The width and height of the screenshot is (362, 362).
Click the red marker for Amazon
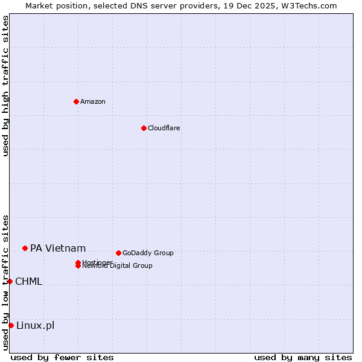(x=76, y=101)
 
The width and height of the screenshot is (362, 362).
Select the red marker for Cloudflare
(x=144, y=128)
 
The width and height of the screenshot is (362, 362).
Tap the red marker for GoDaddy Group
(x=118, y=253)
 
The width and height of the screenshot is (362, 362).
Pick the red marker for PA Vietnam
(x=25, y=248)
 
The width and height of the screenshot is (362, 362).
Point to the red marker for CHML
(x=10, y=281)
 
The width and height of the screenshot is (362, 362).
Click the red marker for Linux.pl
(x=11, y=326)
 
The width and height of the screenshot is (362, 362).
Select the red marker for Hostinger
(x=78, y=262)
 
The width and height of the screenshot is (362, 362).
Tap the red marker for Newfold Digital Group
(x=78, y=266)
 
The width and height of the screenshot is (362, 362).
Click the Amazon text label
(x=93, y=101)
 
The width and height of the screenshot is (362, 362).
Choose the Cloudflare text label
(x=164, y=128)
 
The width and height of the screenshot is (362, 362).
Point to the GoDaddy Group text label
(x=148, y=253)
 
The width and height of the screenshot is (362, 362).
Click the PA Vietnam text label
(x=58, y=248)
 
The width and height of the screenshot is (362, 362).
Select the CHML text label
(x=29, y=281)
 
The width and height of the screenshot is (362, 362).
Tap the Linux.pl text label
(x=35, y=326)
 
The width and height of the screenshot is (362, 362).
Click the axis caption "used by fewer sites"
(x=62, y=357)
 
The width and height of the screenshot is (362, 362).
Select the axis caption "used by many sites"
(x=303, y=357)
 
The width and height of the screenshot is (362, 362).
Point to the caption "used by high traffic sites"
(x=5, y=86)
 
